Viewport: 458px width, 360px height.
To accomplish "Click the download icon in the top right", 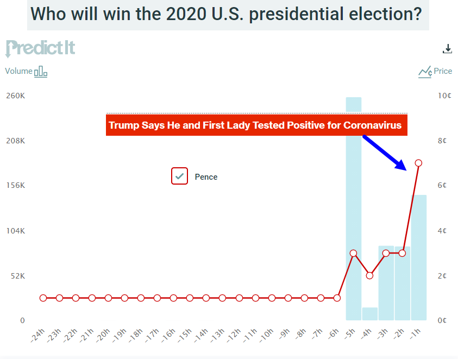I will pos(447,49).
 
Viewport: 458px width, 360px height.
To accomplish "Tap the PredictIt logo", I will pos(40,48).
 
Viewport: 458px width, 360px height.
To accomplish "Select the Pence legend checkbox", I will pos(179,176).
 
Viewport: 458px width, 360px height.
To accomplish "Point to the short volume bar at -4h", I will pos(369,314).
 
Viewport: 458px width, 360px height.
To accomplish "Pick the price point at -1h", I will pos(418,163).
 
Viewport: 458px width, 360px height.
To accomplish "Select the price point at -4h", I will pos(369,275).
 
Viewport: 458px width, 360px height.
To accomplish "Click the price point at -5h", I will pos(353,253).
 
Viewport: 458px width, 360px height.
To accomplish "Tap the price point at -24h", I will pos(43,298).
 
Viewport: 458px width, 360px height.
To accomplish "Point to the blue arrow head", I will pos(401,165).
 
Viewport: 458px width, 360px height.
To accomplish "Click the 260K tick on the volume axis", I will pos(15,96).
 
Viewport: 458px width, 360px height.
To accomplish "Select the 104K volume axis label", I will pos(15,231).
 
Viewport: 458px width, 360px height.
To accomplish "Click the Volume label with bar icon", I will pos(26,71).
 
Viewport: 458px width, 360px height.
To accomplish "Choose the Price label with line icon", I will pos(435,71).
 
